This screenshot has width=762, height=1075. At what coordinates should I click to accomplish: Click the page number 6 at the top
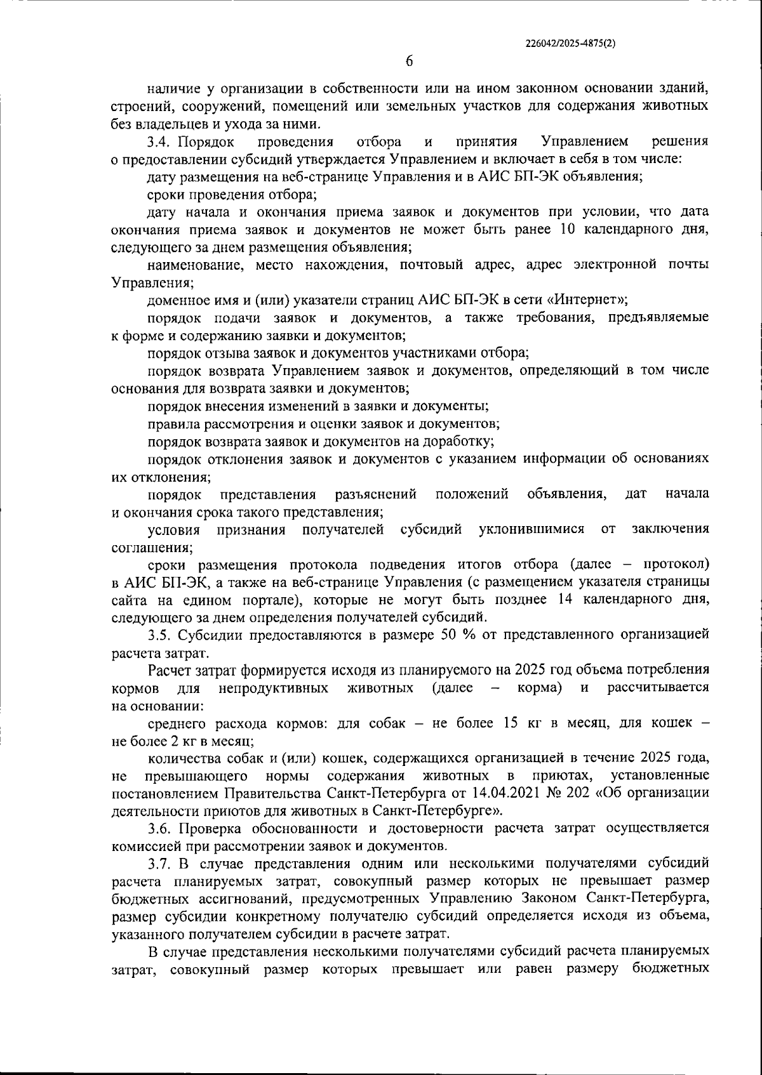coord(409,62)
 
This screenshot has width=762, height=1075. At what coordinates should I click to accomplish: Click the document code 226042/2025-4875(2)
coord(571,44)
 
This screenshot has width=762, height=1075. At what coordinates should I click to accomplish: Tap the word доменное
coord(177,300)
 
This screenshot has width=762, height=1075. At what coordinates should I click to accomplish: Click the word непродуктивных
coord(273,689)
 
